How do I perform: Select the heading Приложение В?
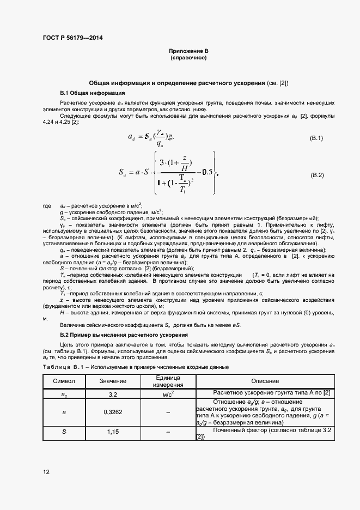(188, 51)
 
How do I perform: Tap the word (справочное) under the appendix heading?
(188, 57)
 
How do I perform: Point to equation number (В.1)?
(316, 138)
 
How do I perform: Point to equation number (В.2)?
(317, 175)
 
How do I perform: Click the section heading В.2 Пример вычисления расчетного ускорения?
(124, 335)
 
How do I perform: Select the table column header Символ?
(64, 381)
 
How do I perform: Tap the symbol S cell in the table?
(64, 432)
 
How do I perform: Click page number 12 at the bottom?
(46, 472)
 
